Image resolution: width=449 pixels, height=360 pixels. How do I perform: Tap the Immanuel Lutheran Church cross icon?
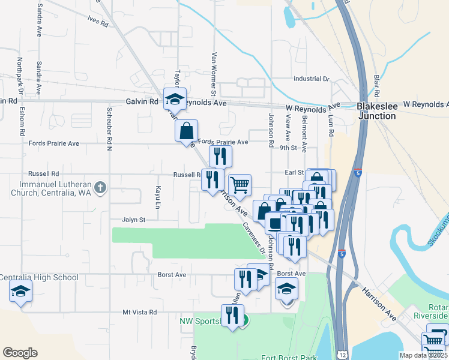tap(100, 188)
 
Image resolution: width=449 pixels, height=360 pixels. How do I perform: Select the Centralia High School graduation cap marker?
tap(20, 292)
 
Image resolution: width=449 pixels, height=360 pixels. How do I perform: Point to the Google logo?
tap(20, 352)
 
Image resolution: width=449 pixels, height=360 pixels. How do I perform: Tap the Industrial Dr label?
tap(312, 79)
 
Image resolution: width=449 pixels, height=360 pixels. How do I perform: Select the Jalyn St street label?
tap(134, 220)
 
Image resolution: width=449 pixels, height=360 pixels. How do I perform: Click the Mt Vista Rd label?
tap(139, 312)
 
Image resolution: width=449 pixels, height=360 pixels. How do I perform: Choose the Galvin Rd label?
tap(142, 102)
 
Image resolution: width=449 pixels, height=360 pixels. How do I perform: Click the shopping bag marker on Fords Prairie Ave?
tap(186, 131)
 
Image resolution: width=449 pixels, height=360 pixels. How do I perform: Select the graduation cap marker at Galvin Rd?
tap(175, 99)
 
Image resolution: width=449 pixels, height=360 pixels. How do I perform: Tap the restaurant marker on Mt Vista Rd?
tap(232, 315)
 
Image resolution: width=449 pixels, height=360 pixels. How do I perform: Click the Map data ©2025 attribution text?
tap(423, 355)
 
